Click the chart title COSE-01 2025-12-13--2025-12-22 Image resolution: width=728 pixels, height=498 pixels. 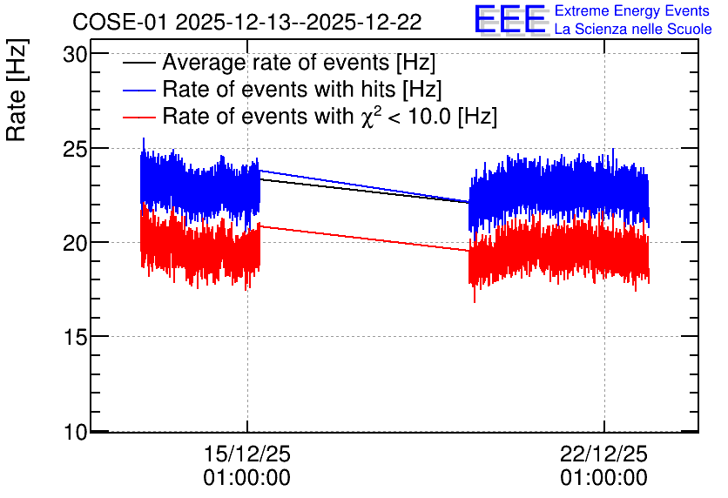coord(247,22)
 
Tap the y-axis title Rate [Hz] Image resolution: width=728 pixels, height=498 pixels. coord(17,91)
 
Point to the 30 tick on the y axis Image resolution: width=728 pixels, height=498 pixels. coord(75,55)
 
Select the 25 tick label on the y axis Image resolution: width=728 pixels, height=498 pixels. coord(75,149)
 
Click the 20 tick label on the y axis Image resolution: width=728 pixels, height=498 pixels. coord(75,243)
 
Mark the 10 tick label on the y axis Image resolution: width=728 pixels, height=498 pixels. coord(75,432)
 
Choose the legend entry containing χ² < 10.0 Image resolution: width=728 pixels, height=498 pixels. coord(330,116)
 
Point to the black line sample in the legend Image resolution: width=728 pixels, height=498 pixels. coord(138,63)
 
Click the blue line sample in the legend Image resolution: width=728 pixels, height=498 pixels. coord(138,90)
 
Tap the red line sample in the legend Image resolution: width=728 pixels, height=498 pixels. coord(138,117)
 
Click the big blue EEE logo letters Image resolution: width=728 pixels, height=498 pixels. coord(510,19)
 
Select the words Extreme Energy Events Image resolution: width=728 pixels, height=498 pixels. coord(632,10)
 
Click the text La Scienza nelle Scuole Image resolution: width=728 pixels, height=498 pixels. coord(633,30)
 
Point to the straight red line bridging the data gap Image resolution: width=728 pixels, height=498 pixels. coord(365,238)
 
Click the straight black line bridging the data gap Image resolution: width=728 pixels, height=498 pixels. coord(365,191)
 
